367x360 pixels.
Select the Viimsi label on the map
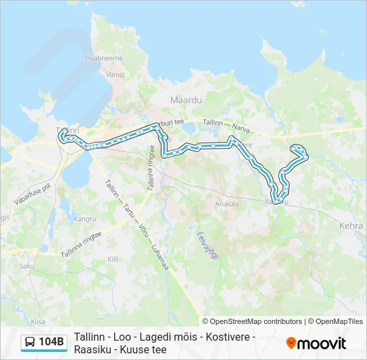115,75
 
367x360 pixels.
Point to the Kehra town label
352,226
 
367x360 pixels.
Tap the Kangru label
85,218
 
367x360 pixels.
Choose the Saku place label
27,265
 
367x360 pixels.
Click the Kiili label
113,258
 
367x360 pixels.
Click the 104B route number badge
51,342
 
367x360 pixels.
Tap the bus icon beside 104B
31,343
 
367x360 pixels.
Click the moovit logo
316,343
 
